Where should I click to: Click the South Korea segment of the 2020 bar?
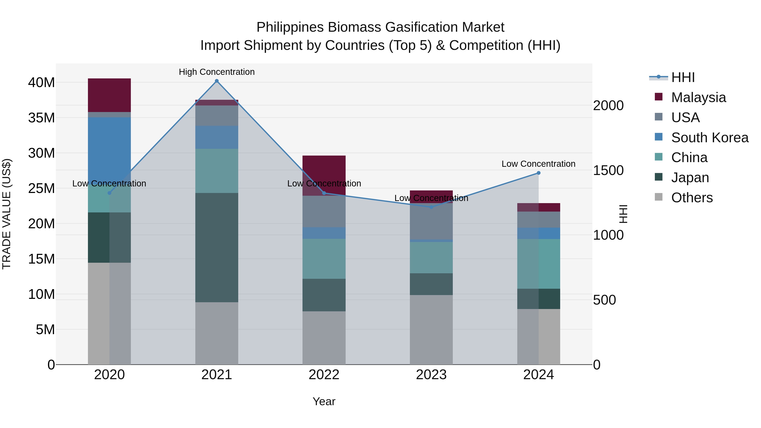click(x=109, y=148)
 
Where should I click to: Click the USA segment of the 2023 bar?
click(x=431, y=222)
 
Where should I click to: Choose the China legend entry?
click(x=689, y=157)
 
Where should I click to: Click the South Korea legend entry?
click(x=709, y=138)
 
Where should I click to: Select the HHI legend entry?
click(x=682, y=77)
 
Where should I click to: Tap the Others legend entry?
click(x=691, y=198)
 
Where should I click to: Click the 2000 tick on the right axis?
click(x=608, y=105)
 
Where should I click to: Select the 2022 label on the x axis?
click(x=324, y=375)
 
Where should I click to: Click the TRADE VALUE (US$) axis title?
click(x=7, y=214)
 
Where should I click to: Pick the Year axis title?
click(x=324, y=401)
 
